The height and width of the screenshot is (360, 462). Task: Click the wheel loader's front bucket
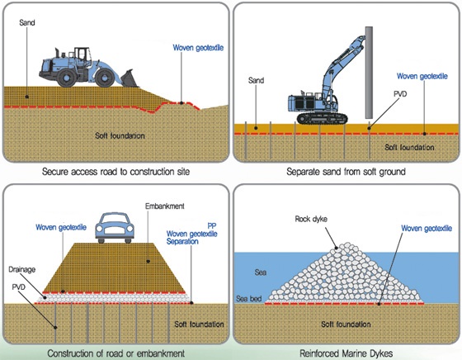pyautogui.click(x=129, y=78)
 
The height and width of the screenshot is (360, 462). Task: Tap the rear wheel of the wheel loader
pyautogui.click(x=67, y=78)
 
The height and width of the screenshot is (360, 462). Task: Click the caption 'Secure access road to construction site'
pyautogui.click(x=115, y=172)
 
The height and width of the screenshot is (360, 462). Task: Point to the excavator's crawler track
pyautogui.click(x=323, y=118)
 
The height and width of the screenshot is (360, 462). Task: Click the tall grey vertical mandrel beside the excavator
pyautogui.click(x=369, y=73)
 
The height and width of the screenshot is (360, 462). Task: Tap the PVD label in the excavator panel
pyautogui.click(x=400, y=94)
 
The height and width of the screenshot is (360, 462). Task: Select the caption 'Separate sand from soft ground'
pyautogui.click(x=346, y=172)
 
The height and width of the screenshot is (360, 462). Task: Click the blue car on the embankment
pyautogui.click(x=115, y=228)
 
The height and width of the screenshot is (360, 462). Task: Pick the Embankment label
pyautogui.click(x=165, y=206)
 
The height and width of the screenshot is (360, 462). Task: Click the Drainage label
pyautogui.click(x=21, y=269)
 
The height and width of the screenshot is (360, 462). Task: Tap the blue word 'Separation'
pyautogui.click(x=182, y=241)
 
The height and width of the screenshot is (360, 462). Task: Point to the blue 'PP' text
pyautogui.click(x=212, y=226)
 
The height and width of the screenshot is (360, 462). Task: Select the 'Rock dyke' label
pyautogui.click(x=311, y=219)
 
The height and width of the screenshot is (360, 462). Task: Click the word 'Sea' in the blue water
pyautogui.click(x=261, y=272)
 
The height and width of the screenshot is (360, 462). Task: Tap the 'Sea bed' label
pyautogui.click(x=248, y=299)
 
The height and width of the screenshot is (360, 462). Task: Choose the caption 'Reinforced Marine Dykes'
pyautogui.click(x=346, y=353)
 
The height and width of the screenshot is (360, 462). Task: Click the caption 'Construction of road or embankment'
pyautogui.click(x=116, y=353)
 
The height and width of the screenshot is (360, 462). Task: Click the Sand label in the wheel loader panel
pyautogui.click(x=27, y=22)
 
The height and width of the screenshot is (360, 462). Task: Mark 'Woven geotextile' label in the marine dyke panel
pyautogui.click(x=427, y=229)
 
